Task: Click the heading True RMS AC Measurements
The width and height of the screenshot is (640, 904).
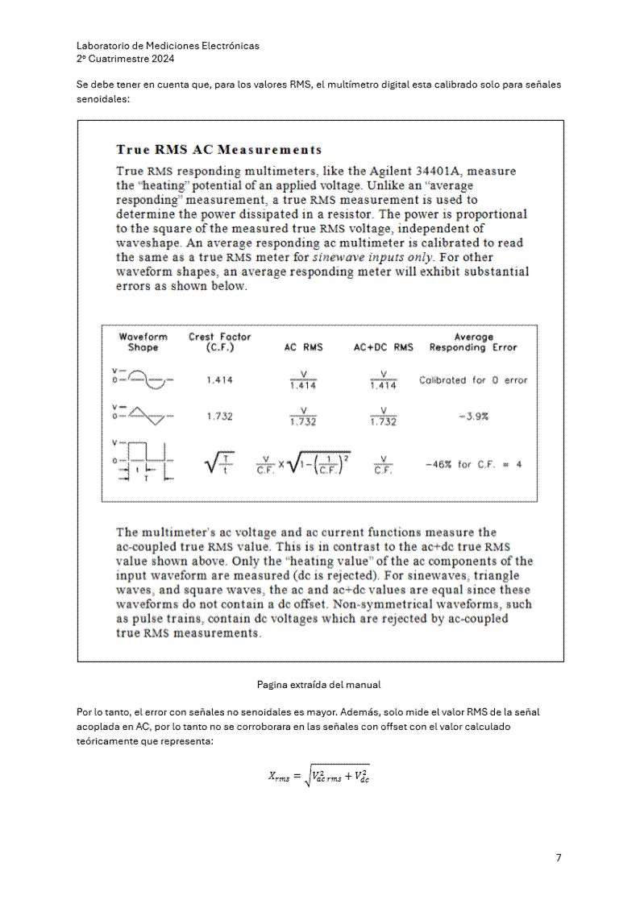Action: tap(218, 150)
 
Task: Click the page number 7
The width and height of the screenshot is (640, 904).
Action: tap(559, 857)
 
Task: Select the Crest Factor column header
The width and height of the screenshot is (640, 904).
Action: tap(219, 342)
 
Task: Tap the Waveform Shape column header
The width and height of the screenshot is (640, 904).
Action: tap(143, 342)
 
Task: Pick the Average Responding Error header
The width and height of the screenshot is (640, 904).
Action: tap(473, 342)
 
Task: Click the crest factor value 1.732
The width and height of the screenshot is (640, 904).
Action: tap(219, 417)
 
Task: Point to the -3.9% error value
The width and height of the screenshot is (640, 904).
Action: tap(473, 417)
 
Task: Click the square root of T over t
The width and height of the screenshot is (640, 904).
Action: tap(219, 463)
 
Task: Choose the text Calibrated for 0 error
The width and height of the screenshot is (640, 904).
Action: tap(473, 380)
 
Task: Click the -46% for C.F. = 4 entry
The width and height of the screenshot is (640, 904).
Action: tap(473, 465)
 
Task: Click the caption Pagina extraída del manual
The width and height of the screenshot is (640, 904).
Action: tap(318, 685)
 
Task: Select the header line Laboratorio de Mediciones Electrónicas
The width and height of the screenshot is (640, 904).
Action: tap(168, 46)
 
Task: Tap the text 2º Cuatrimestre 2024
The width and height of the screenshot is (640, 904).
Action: tap(125, 59)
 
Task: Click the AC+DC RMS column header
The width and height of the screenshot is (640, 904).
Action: tap(384, 348)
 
